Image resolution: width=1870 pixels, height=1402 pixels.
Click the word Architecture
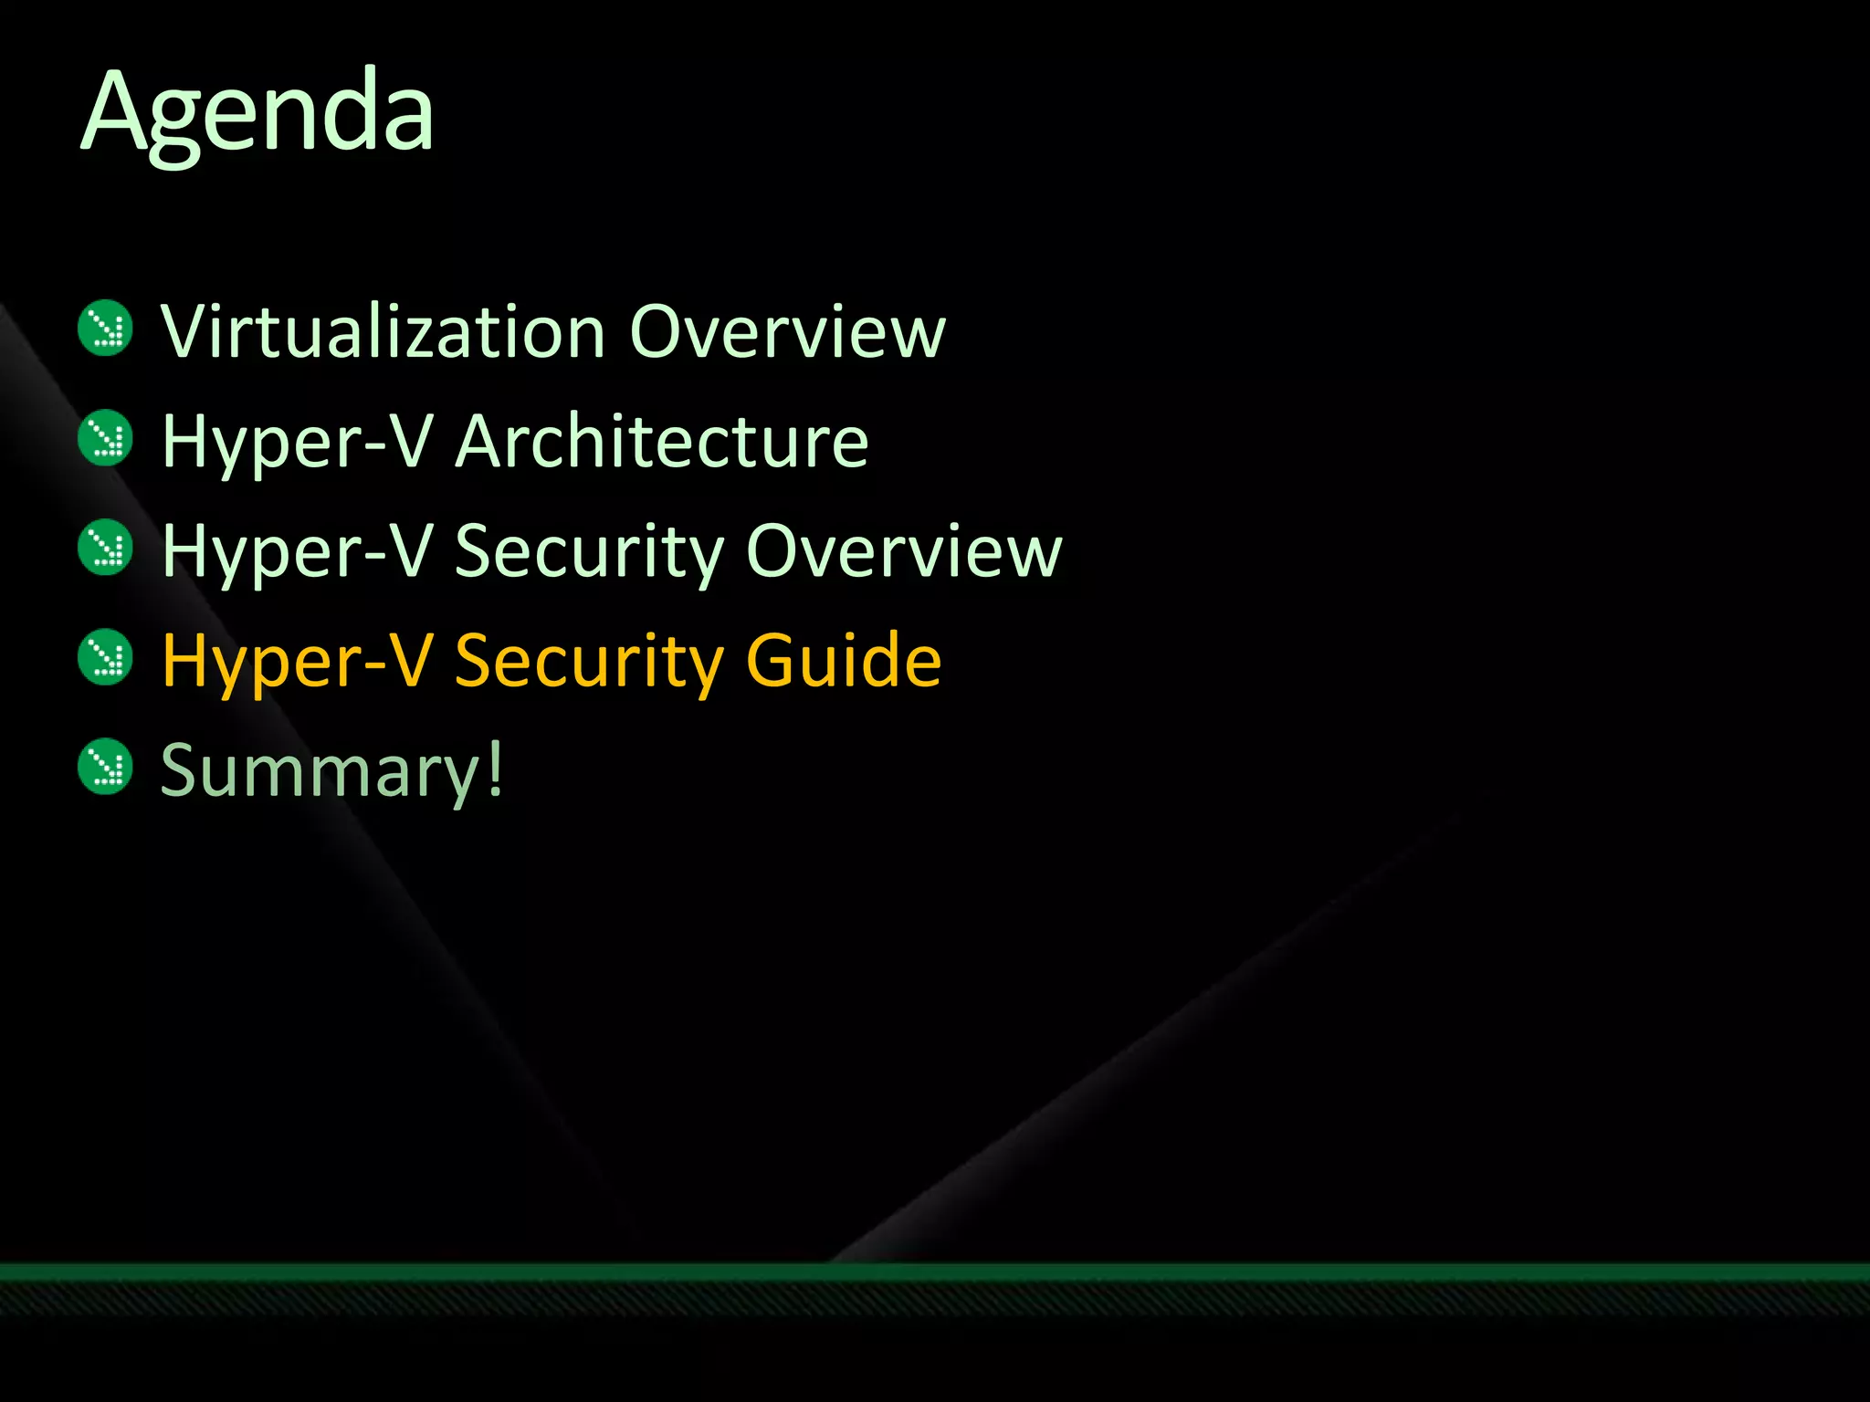pos(661,441)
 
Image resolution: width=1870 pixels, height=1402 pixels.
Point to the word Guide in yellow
pos(843,660)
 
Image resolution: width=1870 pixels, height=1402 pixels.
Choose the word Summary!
pos(331,769)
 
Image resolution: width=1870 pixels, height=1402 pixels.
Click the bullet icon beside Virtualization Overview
pos(106,328)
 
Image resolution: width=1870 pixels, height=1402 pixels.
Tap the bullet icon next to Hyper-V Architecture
pos(106,437)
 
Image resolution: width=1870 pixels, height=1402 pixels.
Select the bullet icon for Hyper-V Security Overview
pos(106,548)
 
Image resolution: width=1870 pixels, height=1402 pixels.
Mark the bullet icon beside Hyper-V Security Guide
pos(106,657)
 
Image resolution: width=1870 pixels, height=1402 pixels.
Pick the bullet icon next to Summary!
pos(106,767)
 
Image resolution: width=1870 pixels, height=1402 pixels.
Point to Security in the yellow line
pos(588,662)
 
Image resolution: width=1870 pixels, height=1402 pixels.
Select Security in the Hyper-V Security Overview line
pos(588,552)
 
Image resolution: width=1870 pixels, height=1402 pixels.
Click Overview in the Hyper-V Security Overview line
pos(904,550)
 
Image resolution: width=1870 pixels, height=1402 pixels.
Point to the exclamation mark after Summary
pos(494,767)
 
